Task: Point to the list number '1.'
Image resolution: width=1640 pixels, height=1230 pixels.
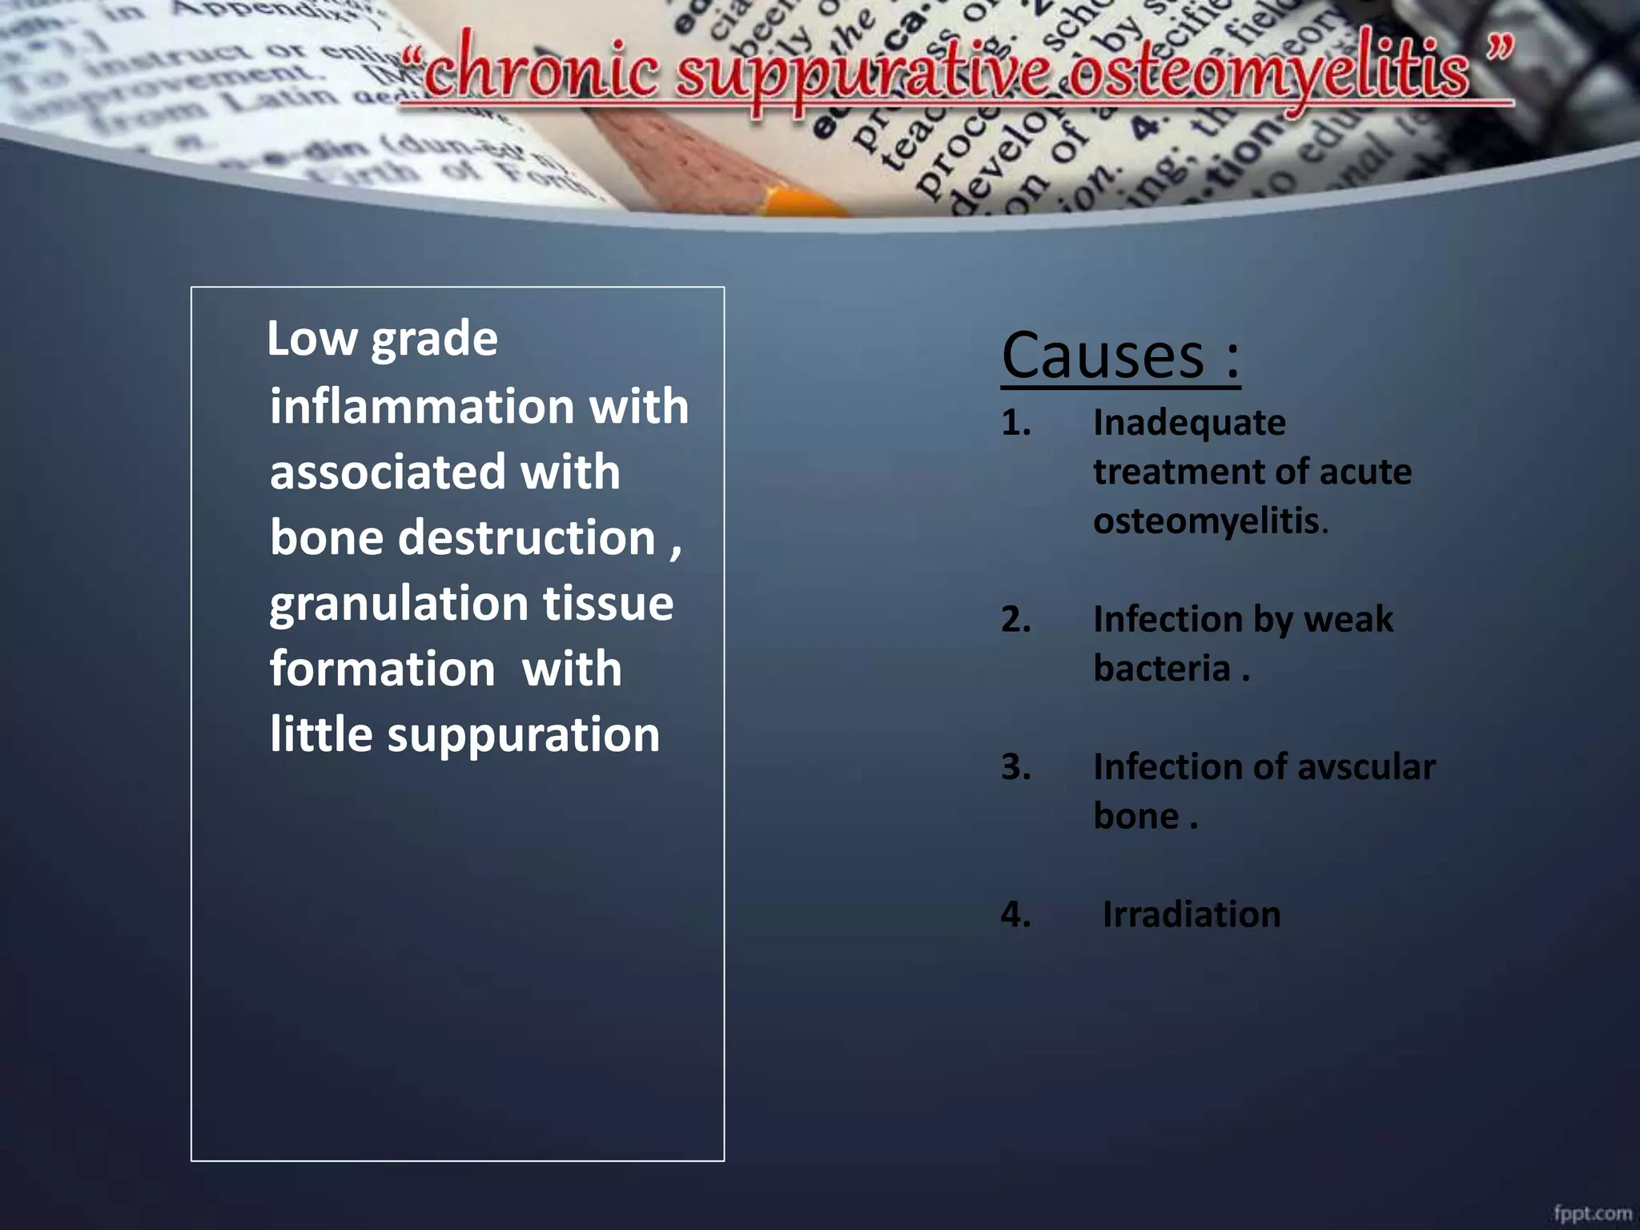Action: coord(1015,423)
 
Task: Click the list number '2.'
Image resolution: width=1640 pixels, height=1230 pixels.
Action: coord(1015,619)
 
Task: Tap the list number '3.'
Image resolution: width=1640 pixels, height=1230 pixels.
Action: coord(1015,766)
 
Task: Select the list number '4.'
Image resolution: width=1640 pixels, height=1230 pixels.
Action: coord(1015,914)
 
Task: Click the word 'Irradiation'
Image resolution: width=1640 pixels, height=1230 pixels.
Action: coord(1191,914)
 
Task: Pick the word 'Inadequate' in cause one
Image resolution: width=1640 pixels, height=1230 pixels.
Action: coord(1189,423)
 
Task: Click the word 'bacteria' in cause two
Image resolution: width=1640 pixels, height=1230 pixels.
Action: coord(1162,669)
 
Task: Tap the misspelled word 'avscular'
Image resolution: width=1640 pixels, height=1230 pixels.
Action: coord(1365,766)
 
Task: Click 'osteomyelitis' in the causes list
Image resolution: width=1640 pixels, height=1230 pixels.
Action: coord(1206,521)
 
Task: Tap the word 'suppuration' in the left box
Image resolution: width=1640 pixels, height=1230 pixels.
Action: coord(524,734)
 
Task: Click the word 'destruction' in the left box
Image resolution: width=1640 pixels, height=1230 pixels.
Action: coord(527,537)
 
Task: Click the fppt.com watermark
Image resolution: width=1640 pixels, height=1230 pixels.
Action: coord(1592,1213)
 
